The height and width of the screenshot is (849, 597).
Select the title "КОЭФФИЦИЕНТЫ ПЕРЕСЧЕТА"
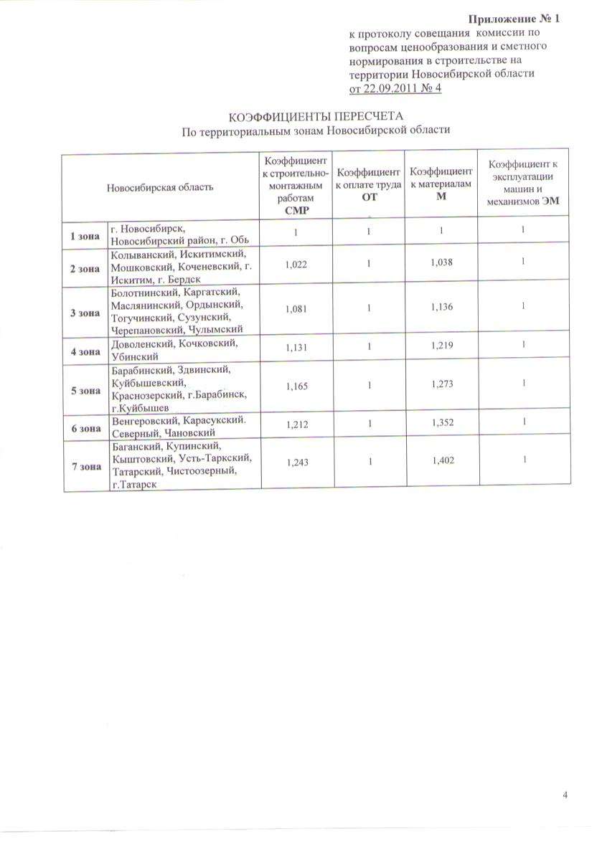point(316,116)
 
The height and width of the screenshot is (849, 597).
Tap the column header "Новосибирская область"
point(160,187)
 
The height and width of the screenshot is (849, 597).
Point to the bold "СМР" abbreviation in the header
point(296,211)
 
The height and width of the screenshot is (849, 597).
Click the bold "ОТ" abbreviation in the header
point(369,196)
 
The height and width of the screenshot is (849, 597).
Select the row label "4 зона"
point(85,351)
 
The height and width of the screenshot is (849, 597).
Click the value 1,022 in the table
point(296,265)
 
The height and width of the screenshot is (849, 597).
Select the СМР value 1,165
point(296,387)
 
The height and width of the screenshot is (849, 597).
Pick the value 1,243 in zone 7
point(296,463)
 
